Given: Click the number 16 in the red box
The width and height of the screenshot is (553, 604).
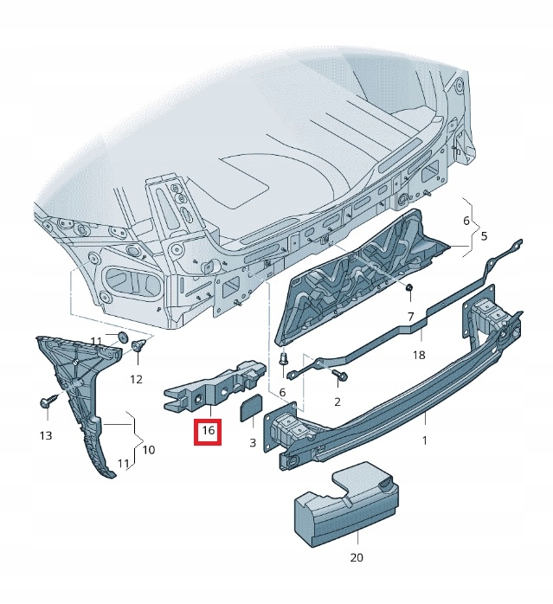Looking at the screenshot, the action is coord(208,430).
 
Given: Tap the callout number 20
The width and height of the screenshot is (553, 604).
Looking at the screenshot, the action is coord(357,557).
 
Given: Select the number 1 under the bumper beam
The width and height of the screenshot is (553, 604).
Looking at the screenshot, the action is coord(425,440).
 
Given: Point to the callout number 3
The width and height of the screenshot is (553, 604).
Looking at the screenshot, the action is coord(253,443).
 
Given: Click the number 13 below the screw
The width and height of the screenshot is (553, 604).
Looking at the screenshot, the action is coord(46,435).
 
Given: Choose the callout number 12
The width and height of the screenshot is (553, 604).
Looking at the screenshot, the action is coord(136,379).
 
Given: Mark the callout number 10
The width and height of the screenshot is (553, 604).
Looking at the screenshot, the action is coord(149,449).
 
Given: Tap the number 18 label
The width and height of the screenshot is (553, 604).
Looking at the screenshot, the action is coord(419,355).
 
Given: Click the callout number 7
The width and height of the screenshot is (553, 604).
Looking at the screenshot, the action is coord(410,317).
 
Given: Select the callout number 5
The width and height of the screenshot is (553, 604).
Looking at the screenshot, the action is coord(485,235).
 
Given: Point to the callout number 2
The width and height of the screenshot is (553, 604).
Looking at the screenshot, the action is coord(338,402).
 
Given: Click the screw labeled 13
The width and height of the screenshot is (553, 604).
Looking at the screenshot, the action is coord(48,402).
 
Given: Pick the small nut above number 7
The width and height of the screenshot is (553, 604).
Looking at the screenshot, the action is coord(410,287).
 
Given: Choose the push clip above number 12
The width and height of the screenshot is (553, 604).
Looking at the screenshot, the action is coord(138,344).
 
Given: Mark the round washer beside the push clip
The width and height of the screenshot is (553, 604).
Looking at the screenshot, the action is coord(123,336).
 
